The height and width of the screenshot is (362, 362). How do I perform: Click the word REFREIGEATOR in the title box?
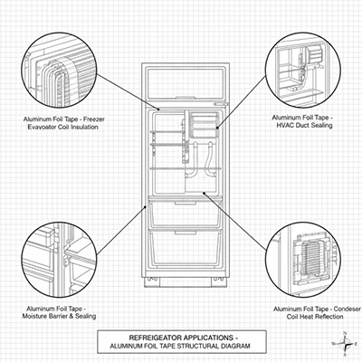pyautogui.click(x=155, y=338)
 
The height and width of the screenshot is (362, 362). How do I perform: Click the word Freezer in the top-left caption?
pyautogui.click(x=94, y=119)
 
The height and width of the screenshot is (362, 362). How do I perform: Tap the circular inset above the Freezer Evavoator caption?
pyautogui.click(x=59, y=70)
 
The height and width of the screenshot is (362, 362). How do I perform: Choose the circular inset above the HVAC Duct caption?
pyautogui.click(x=303, y=70)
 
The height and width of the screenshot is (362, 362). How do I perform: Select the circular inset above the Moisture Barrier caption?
pyautogui.click(x=59, y=260)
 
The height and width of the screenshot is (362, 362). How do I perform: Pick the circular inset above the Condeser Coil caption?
pyautogui.click(x=303, y=260)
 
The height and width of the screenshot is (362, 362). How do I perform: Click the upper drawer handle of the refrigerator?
pyautogui.click(x=186, y=204)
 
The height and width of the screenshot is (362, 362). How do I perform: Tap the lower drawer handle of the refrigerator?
pyautogui.click(x=186, y=233)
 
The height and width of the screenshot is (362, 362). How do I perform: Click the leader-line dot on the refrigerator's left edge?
pyautogui.click(x=146, y=206)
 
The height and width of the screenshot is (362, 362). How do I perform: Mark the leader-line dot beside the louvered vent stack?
pyautogui.click(x=217, y=128)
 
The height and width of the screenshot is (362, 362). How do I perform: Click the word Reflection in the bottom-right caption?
pyautogui.click(x=328, y=317)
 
